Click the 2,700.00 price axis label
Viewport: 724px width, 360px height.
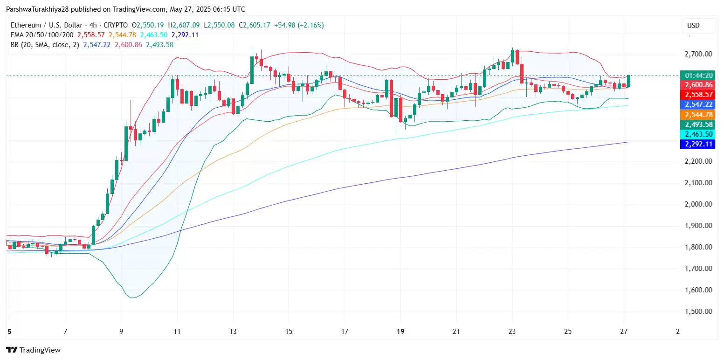[698, 54]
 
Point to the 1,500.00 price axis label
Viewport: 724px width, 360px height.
[698, 312]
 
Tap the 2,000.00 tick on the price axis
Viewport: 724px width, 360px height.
[698, 204]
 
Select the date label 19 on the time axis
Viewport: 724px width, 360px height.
[400, 331]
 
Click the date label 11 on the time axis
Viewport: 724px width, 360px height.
[177, 331]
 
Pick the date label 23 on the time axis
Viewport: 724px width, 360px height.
[512, 331]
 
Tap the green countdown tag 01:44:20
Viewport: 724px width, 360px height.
[697, 76]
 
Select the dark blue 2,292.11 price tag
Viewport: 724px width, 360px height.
[697, 144]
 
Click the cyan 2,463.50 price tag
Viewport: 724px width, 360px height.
[697, 134]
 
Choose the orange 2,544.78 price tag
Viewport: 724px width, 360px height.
[697, 115]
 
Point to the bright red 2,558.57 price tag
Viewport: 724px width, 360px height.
[697, 95]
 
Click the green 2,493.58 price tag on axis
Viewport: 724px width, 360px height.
[697, 125]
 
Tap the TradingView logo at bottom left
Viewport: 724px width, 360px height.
[33, 350]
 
